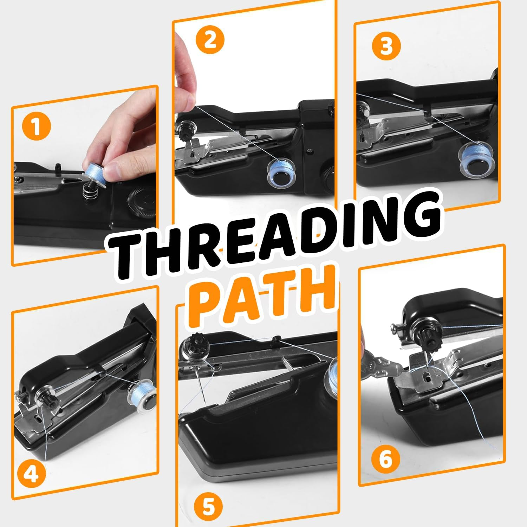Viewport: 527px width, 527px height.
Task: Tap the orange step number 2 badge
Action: pyautogui.click(x=210, y=41)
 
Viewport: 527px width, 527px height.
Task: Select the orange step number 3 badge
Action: pyautogui.click(x=386, y=46)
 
